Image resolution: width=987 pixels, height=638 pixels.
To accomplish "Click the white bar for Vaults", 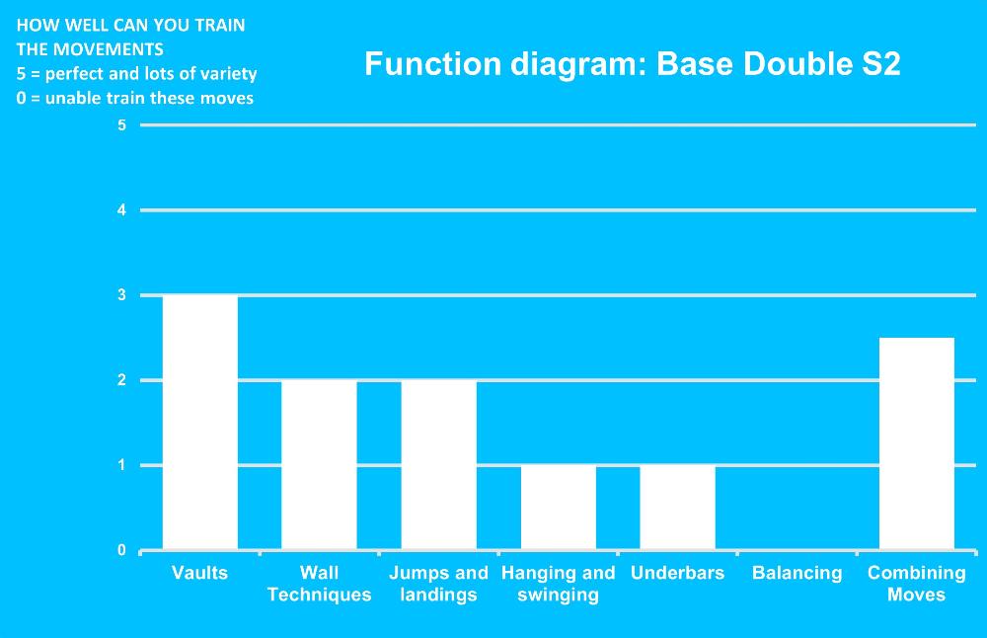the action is click(200, 423).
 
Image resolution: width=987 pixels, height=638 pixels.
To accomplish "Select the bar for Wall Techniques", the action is click(319, 465).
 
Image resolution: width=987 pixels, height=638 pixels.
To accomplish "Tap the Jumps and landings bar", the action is click(439, 465).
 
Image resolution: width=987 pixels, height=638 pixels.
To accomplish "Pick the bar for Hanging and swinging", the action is click(559, 508).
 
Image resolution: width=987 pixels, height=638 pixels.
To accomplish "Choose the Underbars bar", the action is click(677, 508).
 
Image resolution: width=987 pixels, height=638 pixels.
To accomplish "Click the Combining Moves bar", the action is click(917, 444).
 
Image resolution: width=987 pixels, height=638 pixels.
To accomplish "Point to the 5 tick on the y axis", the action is click(121, 125).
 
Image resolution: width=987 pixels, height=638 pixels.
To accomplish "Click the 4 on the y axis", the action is click(121, 210).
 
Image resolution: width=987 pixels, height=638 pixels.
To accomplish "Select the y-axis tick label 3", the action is click(121, 295).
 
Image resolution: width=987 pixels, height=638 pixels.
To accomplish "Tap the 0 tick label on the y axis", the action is click(121, 550).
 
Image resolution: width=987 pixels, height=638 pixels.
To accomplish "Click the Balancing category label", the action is click(797, 573).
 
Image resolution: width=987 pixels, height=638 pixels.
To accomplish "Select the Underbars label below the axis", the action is click(677, 573).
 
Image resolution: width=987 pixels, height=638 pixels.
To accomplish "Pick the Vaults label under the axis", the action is click(199, 573).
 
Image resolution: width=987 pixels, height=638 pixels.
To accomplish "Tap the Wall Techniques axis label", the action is click(319, 584).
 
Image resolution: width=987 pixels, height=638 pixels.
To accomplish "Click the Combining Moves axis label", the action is click(917, 584).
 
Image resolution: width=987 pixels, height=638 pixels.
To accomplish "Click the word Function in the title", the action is click(433, 63).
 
